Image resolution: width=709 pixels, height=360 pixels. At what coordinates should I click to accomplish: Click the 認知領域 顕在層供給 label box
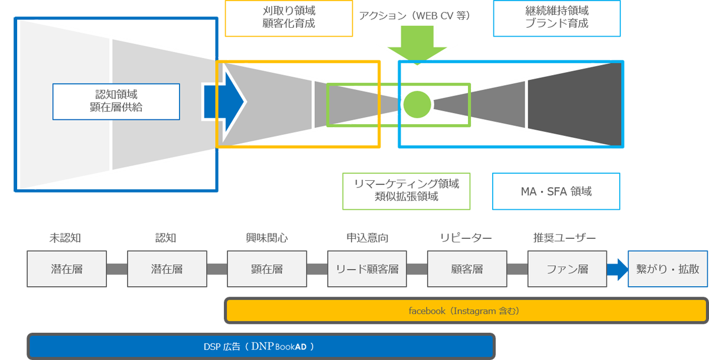click(x=116, y=101)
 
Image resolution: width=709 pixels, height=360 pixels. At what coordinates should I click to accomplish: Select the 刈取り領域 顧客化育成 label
click(x=288, y=18)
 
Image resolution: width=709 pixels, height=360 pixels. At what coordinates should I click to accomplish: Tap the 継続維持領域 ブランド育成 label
click(x=557, y=18)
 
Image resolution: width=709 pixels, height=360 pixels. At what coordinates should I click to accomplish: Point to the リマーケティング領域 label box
click(x=406, y=190)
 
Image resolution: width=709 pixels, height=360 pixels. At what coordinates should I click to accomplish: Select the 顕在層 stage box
click(x=267, y=269)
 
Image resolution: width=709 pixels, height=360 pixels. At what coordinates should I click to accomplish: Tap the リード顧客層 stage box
click(x=367, y=269)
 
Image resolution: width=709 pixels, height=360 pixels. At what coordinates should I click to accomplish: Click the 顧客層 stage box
click(x=467, y=269)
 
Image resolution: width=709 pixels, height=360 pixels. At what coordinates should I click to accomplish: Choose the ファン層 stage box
click(x=567, y=269)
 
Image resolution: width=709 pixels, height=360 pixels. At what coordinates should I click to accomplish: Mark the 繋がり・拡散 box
click(x=667, y=269)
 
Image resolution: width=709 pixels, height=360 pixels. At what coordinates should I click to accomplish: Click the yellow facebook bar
click(x=466, y=310)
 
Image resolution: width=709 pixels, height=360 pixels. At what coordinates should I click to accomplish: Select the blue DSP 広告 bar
click(x=261, y=346)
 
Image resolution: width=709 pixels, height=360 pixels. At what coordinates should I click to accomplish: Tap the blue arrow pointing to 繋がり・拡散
click(x=617, y=270)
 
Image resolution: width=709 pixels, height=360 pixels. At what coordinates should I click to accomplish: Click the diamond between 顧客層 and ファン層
click(x=517, y=269)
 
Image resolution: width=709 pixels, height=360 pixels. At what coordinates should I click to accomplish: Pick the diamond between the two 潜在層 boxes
click(x=117, y=269)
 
